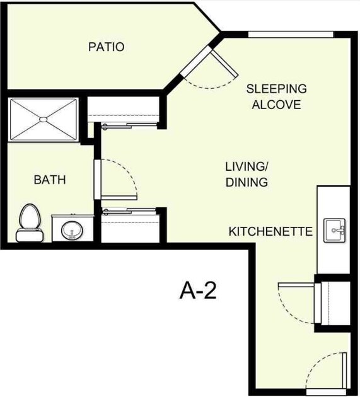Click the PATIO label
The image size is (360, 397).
click(x=106, y=47)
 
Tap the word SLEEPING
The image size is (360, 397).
click(x=276, y=89)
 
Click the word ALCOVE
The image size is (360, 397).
click(x=276, y=105)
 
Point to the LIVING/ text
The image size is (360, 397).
click(x=247, y=167)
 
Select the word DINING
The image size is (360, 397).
click(x=247, y=183)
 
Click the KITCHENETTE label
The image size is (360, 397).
click(x=270, y=232)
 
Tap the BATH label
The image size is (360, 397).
click(x=50, y=180)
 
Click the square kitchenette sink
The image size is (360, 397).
click(x=334, y=230)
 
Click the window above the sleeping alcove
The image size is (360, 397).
click(x=290, y=34)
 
